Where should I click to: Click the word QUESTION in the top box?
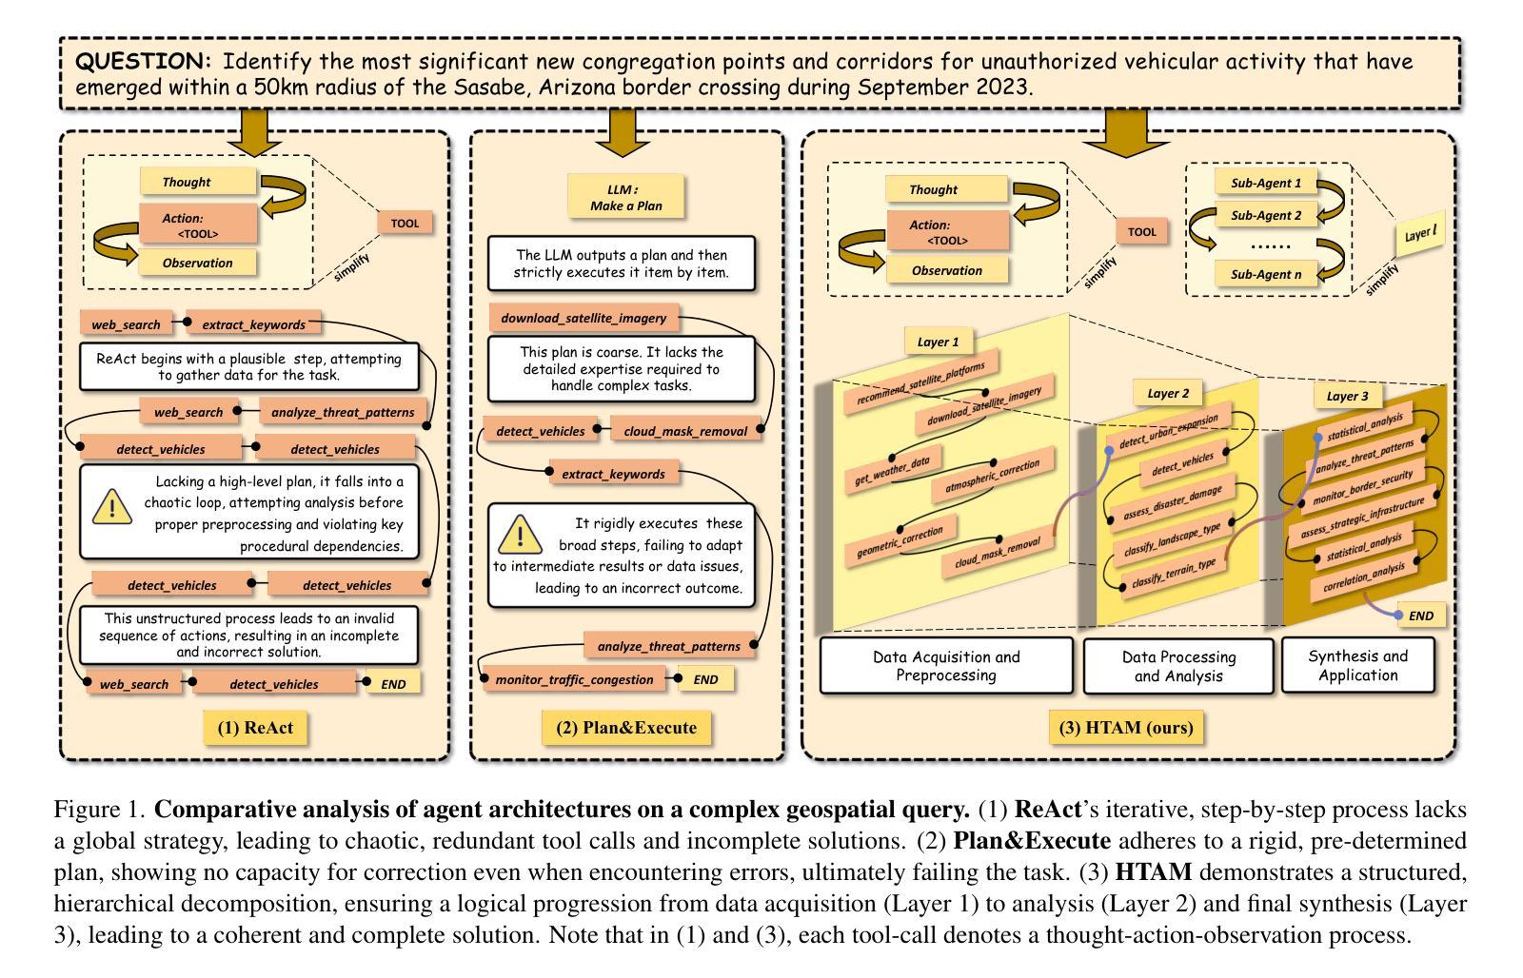(142, 62)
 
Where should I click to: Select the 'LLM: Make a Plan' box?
(625, 197)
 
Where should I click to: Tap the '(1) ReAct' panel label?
(255, 728)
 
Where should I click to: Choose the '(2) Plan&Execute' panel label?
(626, 728)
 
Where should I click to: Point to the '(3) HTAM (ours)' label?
(1125, 728)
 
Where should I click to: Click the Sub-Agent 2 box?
(1265, 215)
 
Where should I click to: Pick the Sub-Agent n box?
(1265, 274)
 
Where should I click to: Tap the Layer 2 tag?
(1167, 393)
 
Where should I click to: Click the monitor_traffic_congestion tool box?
(574, 679)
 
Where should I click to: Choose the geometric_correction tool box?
(900, 541)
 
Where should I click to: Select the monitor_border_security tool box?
(1361, 486)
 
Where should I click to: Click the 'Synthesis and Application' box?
(1357, 665)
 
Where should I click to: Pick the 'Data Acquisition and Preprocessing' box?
(945, 666)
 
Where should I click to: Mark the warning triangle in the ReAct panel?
(112, 507)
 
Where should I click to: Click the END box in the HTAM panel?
(1420, 616)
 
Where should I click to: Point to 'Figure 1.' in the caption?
(99, 810)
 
